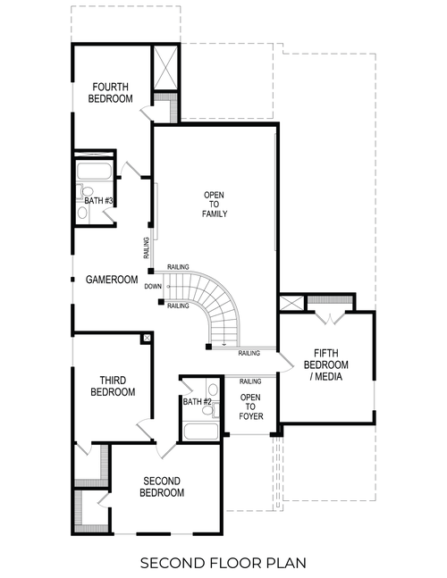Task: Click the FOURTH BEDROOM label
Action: coord(111,92)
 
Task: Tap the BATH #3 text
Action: coord(98,201)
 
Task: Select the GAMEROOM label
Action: coord(112,280)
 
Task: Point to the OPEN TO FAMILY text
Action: coord(215,205)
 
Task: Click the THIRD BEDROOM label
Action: coord(113,386)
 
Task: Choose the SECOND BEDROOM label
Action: coord(164,487)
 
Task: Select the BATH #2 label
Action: coord(197,402)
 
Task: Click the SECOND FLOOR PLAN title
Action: coord(223,562)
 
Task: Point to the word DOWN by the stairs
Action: coord(153,287)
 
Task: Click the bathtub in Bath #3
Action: coord(94,172)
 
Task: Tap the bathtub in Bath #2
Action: coord(201,432)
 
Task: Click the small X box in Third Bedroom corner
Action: coord(146,339)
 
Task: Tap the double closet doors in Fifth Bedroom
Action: coord(330,318)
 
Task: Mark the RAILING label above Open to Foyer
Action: coord(250,381)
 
